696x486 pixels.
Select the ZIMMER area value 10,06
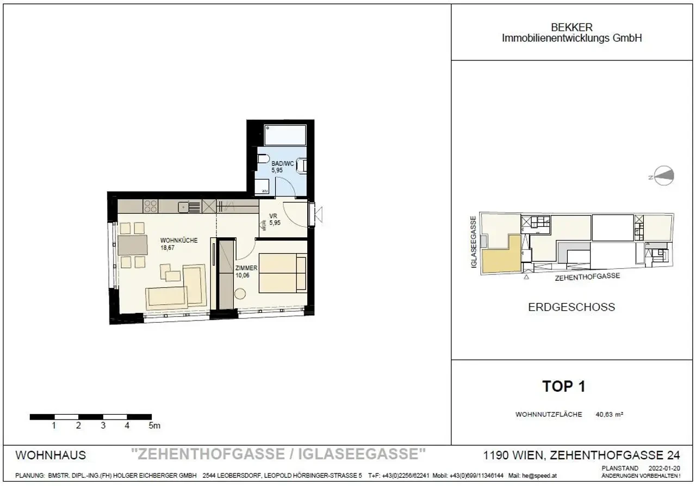pyautogui.click(x=243, y=275)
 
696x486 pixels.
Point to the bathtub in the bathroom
pyautogui.click(x=285, y=134)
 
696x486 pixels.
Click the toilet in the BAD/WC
pyautogui.click(x=263, y=160)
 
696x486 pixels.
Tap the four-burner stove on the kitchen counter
pyautogui.click(x=150, y=206)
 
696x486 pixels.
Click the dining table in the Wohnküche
pyautogui.click(x=133, y=245)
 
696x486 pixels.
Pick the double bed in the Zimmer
pyautogui.click(x=283, y=274)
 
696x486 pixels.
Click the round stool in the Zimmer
pyautogui.click(x=240, y=294)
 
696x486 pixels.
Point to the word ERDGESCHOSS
pyautogui.click(x=571, y=307)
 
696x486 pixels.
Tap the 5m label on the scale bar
pyautogui.click(x=154, y=426)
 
